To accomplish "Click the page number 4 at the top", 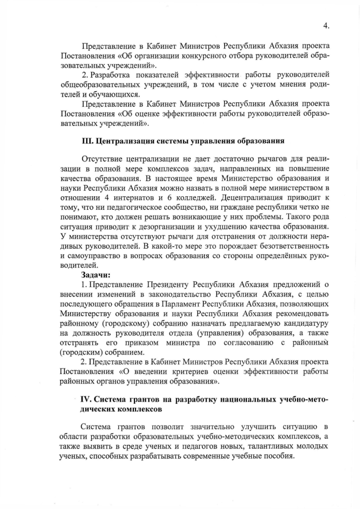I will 326,25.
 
